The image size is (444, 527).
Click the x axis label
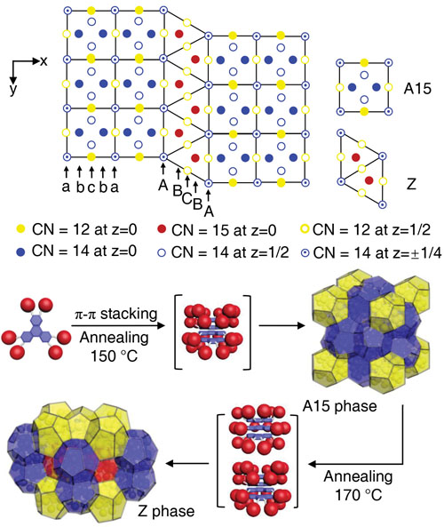44,61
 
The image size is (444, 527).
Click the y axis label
13,89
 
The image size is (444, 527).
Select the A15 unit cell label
417,89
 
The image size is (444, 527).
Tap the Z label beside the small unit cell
411,184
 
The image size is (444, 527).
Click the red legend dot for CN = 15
162,229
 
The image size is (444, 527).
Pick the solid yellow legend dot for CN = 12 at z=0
21,229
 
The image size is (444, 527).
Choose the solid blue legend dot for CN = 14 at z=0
21,252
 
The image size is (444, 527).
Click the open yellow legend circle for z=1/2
305,229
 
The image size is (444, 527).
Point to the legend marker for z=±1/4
305,252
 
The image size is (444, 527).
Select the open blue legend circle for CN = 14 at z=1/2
162,252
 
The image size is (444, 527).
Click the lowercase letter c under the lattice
91,188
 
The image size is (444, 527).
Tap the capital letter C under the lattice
186,199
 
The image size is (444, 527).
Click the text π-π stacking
115,314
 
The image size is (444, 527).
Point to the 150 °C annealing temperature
115,356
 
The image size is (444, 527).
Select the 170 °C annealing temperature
359,495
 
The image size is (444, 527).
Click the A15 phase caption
339,406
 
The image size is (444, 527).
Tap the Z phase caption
166,511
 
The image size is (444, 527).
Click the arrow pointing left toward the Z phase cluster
187,464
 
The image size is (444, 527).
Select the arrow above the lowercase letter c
91,172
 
